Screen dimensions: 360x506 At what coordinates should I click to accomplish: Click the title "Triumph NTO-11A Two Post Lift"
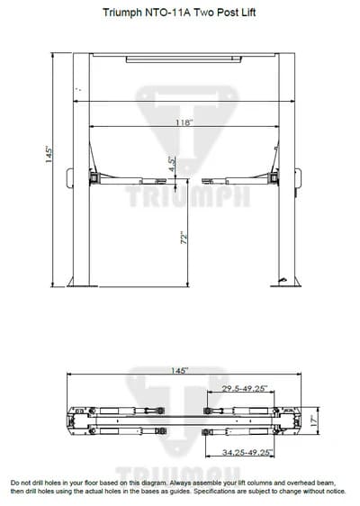179,13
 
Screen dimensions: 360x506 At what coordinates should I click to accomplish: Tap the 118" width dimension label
184,122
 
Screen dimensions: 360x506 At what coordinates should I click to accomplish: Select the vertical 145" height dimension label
49,155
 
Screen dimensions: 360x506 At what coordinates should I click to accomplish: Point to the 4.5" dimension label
172,164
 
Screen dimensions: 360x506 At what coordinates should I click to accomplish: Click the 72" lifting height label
184,238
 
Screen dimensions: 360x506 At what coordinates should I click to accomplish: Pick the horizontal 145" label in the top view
179,370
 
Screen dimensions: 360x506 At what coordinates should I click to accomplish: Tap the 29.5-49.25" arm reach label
245,388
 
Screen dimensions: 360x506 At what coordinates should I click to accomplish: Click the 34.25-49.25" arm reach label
247,453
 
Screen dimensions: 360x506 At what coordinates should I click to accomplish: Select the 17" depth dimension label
314,420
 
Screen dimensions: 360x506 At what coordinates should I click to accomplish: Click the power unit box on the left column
69,178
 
